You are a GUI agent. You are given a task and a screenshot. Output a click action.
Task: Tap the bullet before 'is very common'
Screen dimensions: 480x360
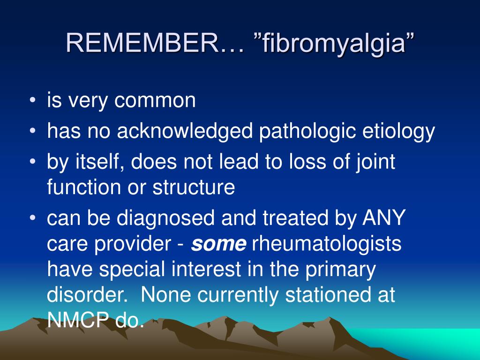click(33, 100)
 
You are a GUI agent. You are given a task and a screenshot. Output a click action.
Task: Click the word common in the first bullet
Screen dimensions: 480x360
click(155, 100)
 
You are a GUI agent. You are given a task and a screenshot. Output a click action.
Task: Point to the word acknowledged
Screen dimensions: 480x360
click(185, 131)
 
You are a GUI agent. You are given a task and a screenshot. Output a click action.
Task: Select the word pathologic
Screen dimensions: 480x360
click(307, 131)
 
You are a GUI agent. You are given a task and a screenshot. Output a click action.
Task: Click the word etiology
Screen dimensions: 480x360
click(398, 131)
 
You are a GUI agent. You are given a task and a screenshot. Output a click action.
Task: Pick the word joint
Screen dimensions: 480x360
click(375, 162)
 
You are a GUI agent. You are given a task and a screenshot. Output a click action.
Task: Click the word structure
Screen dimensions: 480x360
click(194, 187)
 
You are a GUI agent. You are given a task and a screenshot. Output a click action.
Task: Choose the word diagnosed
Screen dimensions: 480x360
click(165, 218)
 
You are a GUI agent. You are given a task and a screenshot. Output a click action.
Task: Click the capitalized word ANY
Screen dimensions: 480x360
click(384, 217)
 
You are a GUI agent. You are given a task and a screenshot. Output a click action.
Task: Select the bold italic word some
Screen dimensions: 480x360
click(218, 244)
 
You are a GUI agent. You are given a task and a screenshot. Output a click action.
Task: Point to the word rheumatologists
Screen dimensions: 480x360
click(326, 244)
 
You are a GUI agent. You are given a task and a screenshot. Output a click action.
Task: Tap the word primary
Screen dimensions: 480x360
click(340, 270)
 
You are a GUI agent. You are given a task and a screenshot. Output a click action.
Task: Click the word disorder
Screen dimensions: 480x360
click(87, 294)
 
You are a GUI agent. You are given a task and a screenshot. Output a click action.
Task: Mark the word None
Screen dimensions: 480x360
click(165, 294)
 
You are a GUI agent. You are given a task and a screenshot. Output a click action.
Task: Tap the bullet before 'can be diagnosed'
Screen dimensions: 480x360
click(33, 217)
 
